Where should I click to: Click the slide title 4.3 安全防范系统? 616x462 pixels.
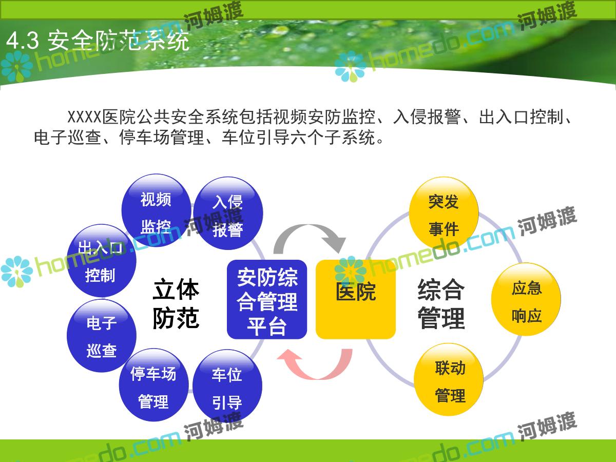tap(98, 41)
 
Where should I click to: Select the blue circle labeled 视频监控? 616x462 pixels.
tap(157, 210)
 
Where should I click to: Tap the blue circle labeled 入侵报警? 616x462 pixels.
tap(228, 213)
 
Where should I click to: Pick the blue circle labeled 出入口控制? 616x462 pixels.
tap(102, 261)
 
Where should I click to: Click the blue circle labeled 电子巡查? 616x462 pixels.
tap(102, 336)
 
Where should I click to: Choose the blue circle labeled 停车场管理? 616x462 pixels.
tap(154, 385)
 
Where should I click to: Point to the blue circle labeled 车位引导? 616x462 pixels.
tap(227, 386)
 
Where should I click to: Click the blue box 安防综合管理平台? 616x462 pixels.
tap(267, 299)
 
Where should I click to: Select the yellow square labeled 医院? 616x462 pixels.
tap(356, 299)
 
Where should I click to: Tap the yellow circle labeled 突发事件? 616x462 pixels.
tap(444, 213)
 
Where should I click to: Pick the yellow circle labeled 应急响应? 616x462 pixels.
tap(526, 299)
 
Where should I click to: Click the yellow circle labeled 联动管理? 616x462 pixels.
tap(449, 379)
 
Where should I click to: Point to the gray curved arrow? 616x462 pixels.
tap(309, 228)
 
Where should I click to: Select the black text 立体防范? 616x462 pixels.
tap(176, 304)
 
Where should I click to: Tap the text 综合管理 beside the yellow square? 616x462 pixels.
tap(441, 304)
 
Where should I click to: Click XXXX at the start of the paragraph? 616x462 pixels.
tap(84, 117)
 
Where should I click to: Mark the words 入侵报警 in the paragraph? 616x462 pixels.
tap(427, 117)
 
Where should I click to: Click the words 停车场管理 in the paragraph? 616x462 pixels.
tap(162, 137)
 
